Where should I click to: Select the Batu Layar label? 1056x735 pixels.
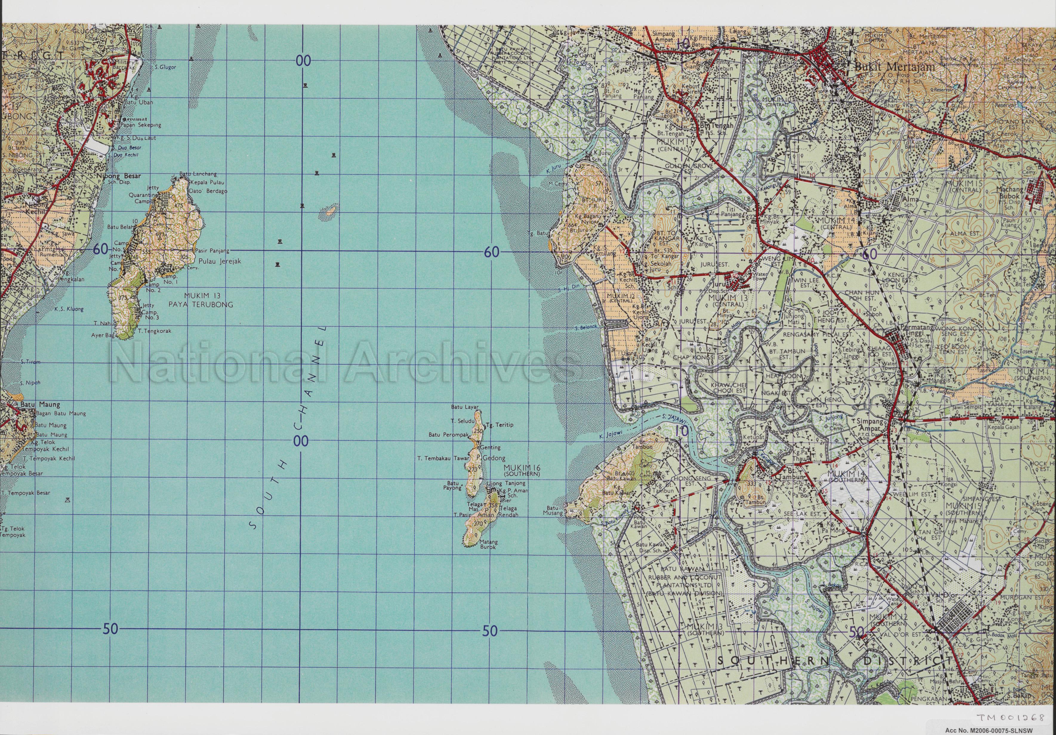click(x=465, y=407)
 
